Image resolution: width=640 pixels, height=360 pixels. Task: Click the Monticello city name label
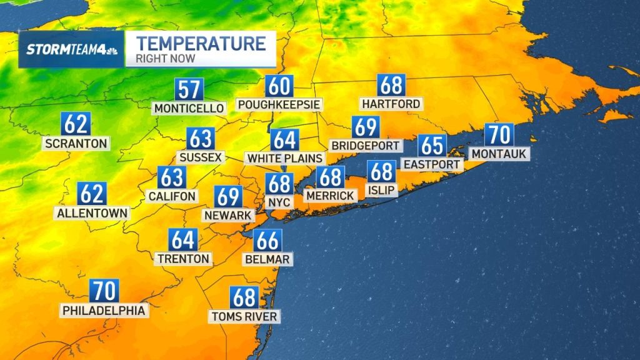click(189, 108)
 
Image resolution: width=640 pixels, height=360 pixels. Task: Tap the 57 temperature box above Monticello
click(189, 89)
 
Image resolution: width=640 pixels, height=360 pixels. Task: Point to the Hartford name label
click(391, 103)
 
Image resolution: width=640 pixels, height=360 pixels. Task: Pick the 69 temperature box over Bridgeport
click(366, 127)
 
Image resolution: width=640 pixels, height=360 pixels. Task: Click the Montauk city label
click(499, 153)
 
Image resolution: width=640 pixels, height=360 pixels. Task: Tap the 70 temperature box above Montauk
click(499, 134)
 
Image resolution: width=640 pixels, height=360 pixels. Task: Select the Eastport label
click(432, 164)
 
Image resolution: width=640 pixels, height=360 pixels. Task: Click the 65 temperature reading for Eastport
click(432, 146)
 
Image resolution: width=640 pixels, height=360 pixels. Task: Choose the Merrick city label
click(330, 196)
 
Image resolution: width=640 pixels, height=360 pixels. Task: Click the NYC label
click(279, 202)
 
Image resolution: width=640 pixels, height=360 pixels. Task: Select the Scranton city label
click(76, 143)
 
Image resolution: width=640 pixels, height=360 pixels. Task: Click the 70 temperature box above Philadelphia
click(104, 291)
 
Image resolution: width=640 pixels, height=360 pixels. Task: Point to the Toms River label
click(244, 316)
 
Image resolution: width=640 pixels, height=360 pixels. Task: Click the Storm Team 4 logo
click(71, 50)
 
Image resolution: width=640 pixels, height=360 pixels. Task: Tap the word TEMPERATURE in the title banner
click(201, 44)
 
